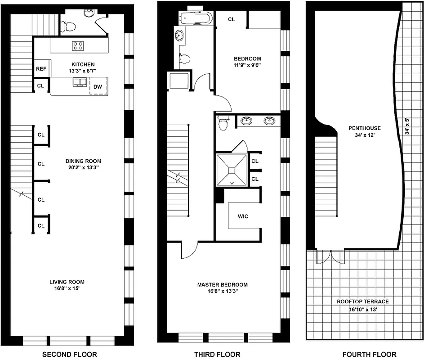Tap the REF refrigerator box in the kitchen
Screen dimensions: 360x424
point(41,69)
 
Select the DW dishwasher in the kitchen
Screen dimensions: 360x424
point(98,85)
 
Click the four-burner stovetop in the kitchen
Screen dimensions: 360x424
point(78,45)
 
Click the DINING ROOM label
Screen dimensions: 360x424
point(83,161)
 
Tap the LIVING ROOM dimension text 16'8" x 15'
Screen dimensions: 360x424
point(67,289)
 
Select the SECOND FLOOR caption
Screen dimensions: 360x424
point(69,354)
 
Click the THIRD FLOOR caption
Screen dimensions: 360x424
point(217,354)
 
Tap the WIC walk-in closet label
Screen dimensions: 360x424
point(243,216)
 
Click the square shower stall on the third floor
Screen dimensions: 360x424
point(232,170)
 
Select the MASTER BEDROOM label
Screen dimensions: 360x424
point(223,284)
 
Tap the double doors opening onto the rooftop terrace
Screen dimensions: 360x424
point(331,257)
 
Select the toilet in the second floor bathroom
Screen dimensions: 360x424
point(69,27)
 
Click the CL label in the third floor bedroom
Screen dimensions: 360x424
point(231,19)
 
